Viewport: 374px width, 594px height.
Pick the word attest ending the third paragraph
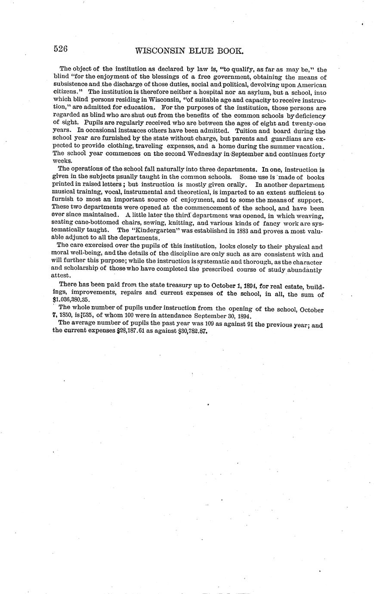(x=61, y=276)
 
